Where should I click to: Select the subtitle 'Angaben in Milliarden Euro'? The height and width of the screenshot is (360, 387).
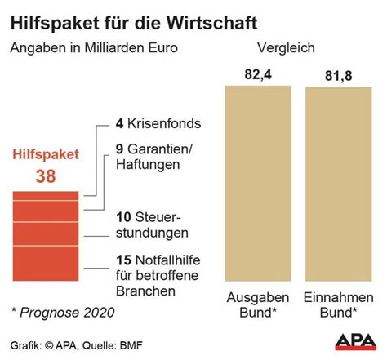click(94, 47)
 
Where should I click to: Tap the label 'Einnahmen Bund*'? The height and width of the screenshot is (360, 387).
click(337, 304)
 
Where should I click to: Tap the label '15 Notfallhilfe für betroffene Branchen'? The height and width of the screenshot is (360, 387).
click(158, 276)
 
